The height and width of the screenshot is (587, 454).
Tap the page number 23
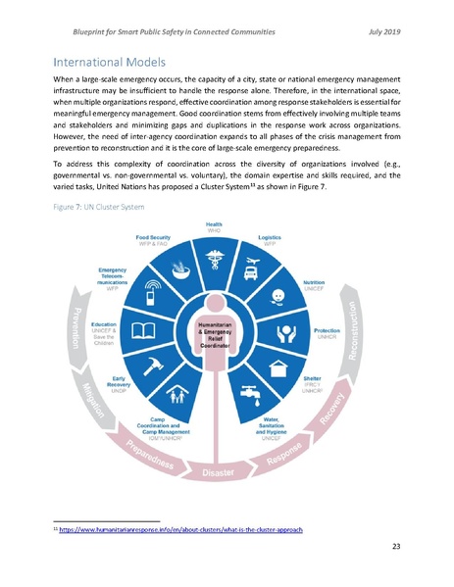pyautogui.click(x=397, y=546)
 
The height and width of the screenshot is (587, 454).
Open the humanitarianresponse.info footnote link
pyautogui.click(x=181, y=529)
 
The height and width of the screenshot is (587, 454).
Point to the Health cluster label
pyautogui.click(x=213, y=227)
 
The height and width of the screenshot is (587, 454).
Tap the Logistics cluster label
pyautogui.click(x=271, y=239)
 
